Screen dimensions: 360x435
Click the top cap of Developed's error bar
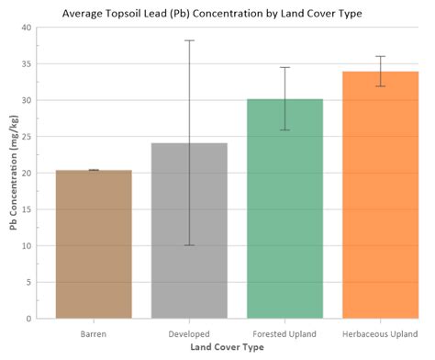189,40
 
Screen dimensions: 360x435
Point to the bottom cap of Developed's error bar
189,245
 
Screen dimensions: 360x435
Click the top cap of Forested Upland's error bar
284,67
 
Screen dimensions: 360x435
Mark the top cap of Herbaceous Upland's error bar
380,56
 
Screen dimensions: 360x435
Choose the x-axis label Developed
189,333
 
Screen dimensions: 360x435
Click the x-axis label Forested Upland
284,333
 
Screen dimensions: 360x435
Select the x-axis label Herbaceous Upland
380,333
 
